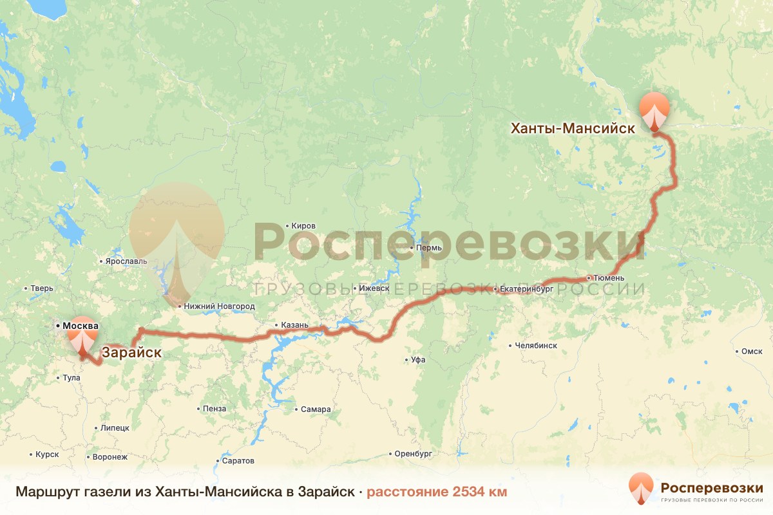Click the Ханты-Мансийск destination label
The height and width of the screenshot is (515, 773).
pos(573,128)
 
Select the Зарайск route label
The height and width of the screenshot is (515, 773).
pos(131,353)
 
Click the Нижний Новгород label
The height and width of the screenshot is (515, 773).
pos(219,306)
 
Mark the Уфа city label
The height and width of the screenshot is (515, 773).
pos(417,360)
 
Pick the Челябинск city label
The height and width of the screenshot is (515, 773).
pos(535,346)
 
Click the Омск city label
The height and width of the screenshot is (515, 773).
pos(752,351)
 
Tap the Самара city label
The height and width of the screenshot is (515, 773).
pos(316,409)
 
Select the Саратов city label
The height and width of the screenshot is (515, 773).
pos(238,461)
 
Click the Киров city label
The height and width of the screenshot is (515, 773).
pos(303,226)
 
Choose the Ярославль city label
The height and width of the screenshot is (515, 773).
pos(126,261)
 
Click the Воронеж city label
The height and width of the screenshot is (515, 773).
pos(111,457)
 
